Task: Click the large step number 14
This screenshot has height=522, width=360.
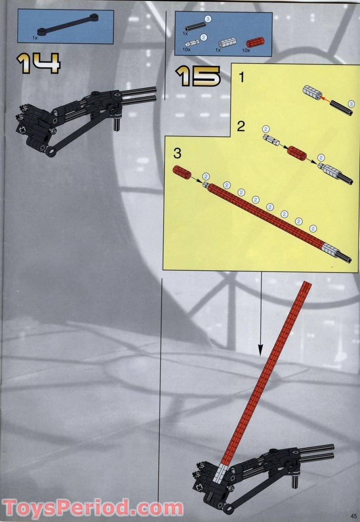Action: click(x=38, y=63)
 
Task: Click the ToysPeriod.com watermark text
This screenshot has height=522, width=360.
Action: click(x=93, y=508)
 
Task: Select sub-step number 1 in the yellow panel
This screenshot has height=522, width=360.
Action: click(x=242, y=78)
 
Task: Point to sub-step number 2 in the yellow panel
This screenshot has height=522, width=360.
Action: click(x=242, y=126)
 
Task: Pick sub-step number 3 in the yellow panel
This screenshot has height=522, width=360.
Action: click(x=177, y=154)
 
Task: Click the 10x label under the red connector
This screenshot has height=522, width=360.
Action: click(x=246, y=51)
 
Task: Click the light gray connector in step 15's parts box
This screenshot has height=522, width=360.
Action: click(x=225, y=44)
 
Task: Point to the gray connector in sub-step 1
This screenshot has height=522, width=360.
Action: click(x=312, y=93)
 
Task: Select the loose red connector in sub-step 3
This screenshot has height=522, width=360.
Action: click(x=181, y=173)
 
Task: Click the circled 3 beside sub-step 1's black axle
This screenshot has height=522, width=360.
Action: click(x=351, y=104)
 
